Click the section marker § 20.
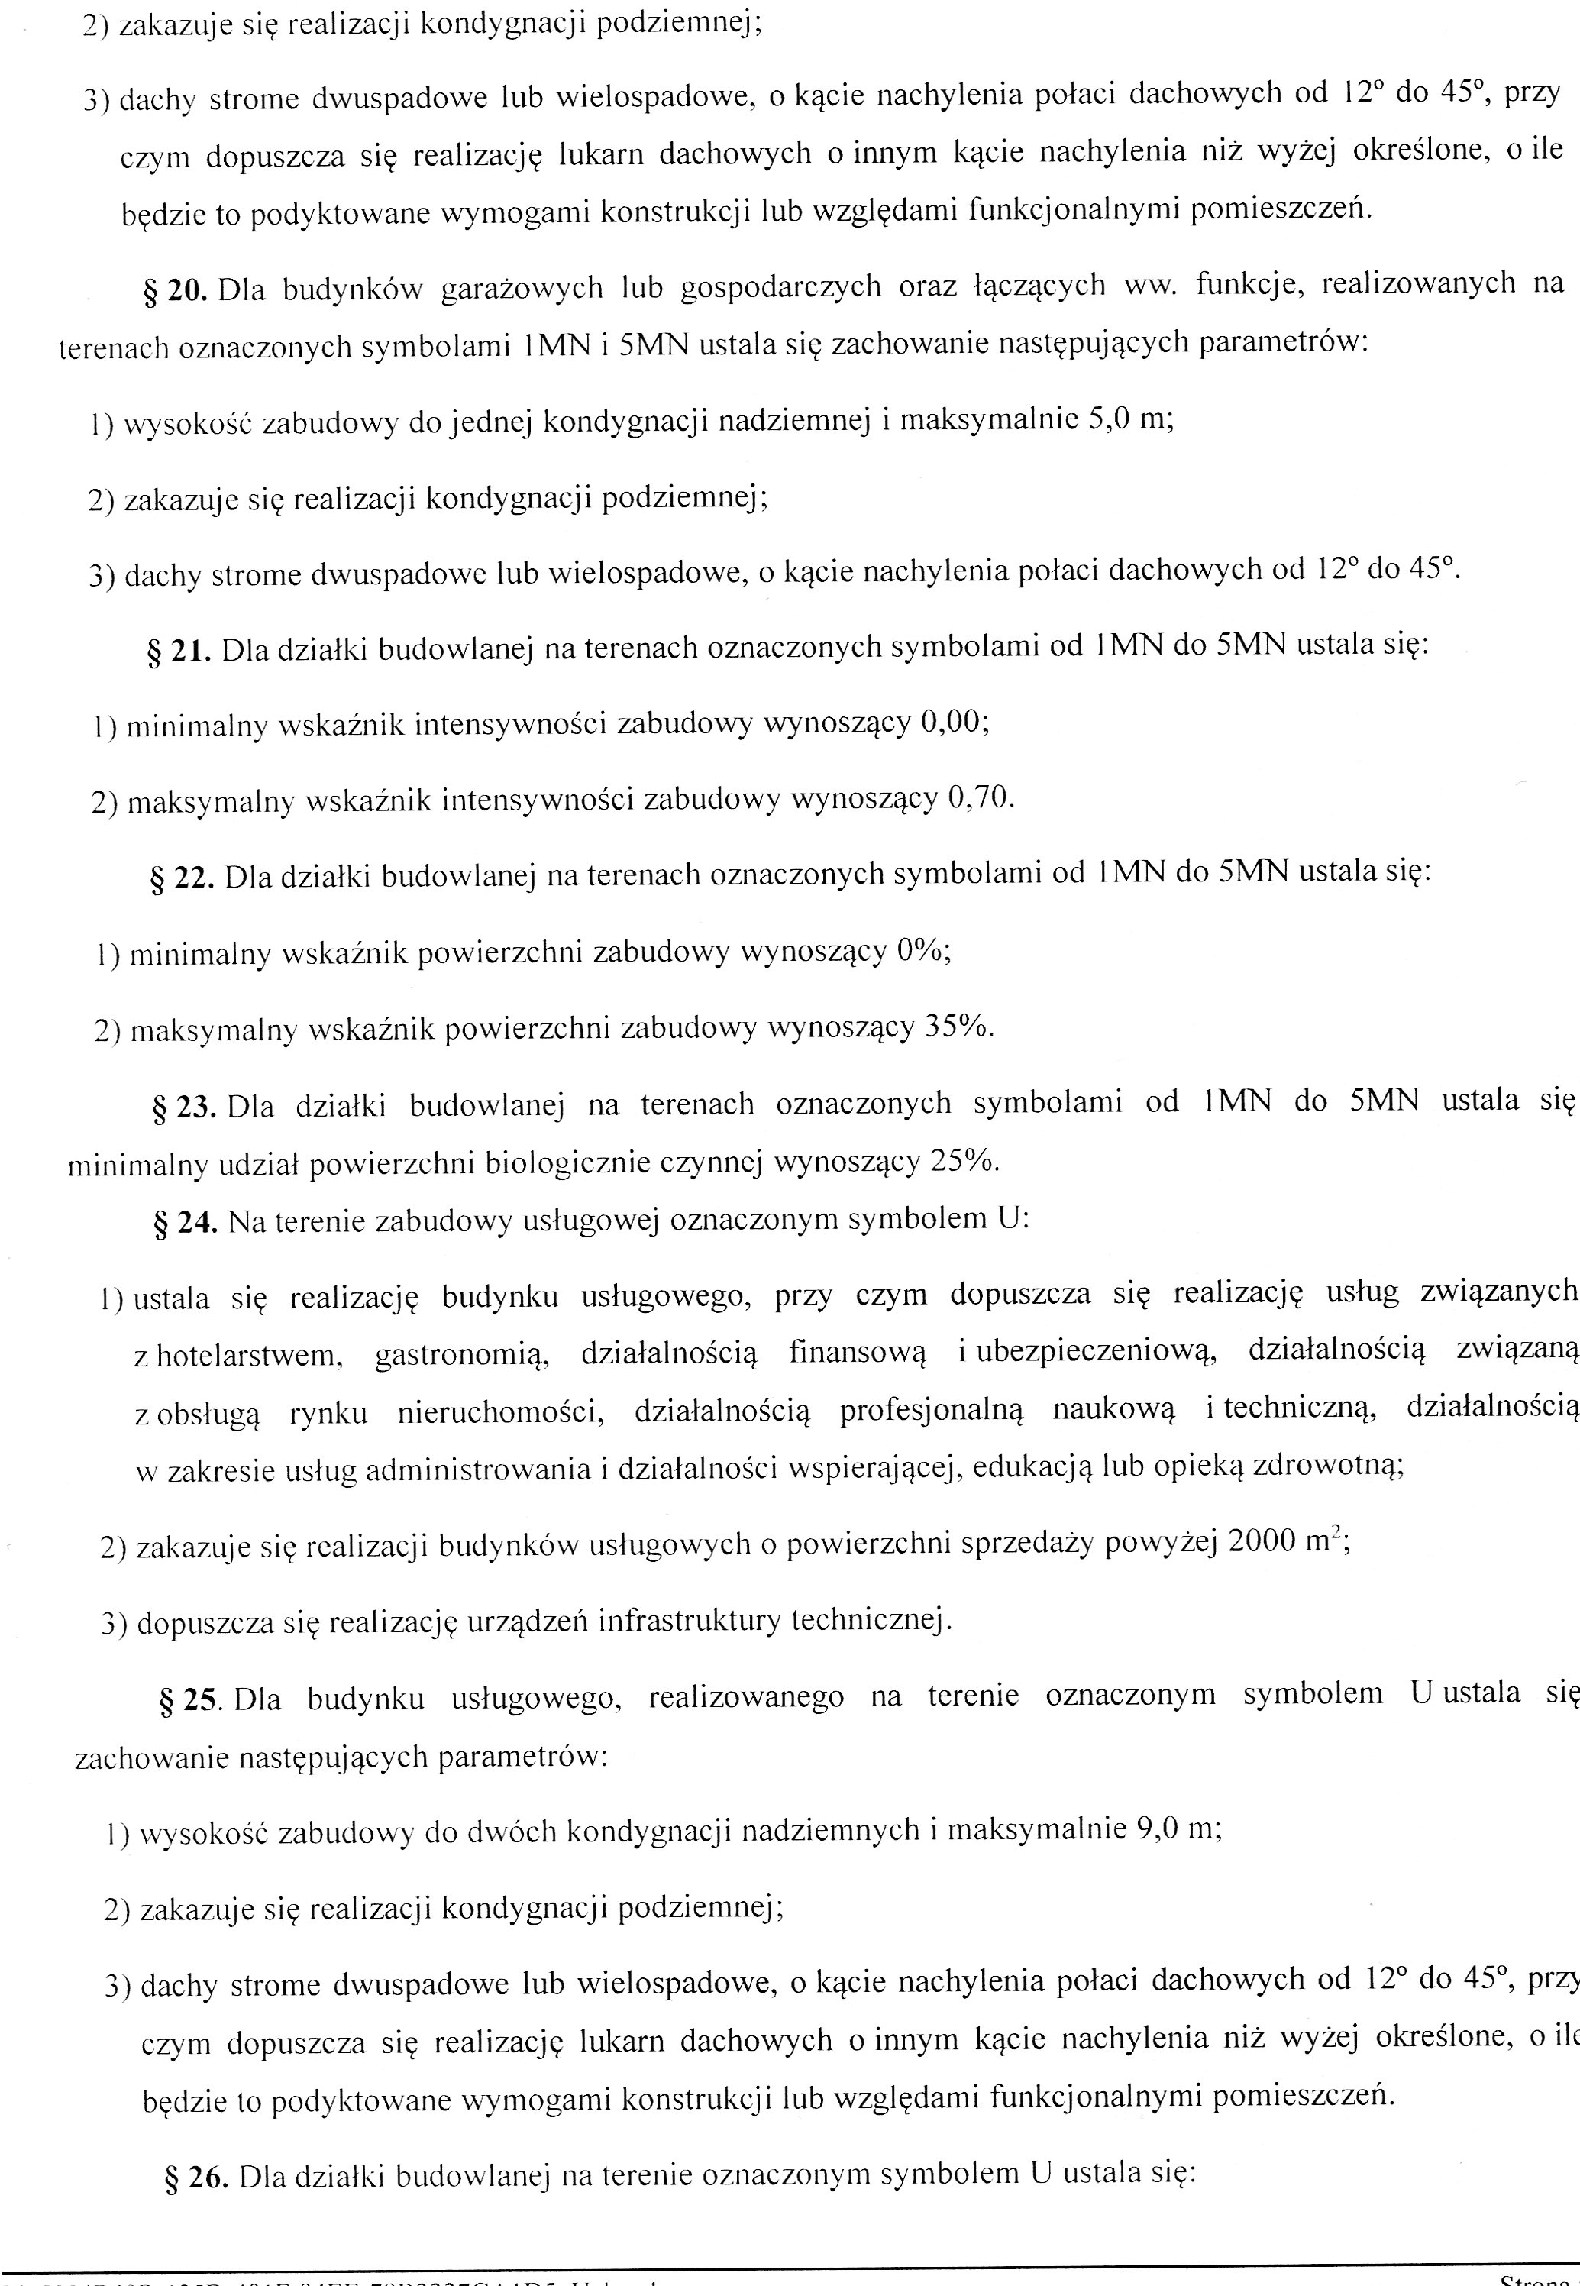[x=174, y=291]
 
